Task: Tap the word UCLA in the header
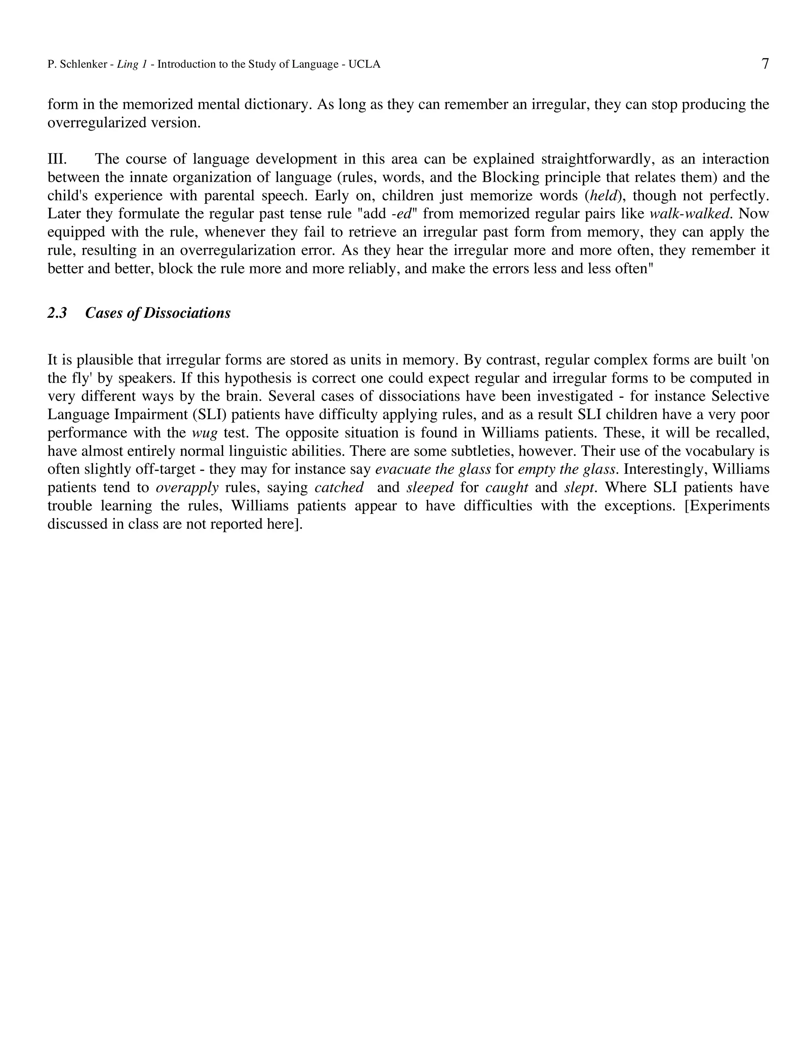pos(364,64)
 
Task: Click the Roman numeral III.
pos(57,159)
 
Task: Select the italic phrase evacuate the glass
pos(433,469)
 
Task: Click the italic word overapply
pos(187,488)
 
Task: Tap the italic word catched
pos(339,488)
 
